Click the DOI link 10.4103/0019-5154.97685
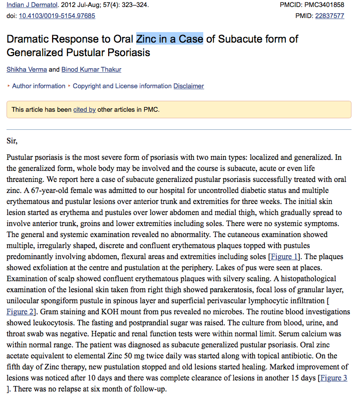57,16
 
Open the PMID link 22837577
329,16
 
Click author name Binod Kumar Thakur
91,69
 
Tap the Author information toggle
38,86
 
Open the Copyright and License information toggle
122,86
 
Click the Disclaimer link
189,86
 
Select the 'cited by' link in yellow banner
84,109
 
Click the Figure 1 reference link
284,257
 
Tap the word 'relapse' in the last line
67,388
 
